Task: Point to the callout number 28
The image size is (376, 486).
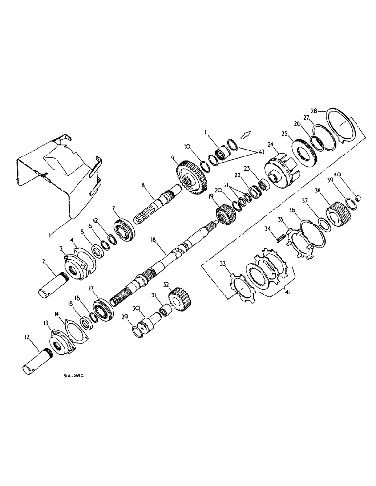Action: click(x=315, y=111)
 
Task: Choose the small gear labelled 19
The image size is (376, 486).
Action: click(x=223, y=214)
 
